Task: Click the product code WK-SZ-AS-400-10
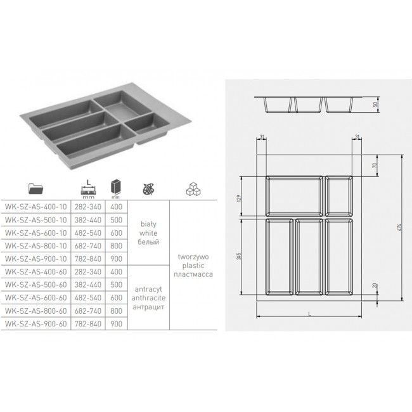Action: [x=35, y=207]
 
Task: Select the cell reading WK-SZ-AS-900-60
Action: [x=35, y=324]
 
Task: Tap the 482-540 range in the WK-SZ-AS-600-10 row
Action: [x=87, y=233]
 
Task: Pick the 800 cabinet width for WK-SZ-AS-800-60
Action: [x=116, y=311]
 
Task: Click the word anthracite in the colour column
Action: [x=148, y=298]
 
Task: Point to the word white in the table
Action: [x=148, y=233]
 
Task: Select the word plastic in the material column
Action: [x=193, y=266]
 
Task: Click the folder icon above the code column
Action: [x=35, y=188]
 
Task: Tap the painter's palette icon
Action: [x=149, y=189]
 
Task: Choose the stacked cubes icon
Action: [x=193, y=189]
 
